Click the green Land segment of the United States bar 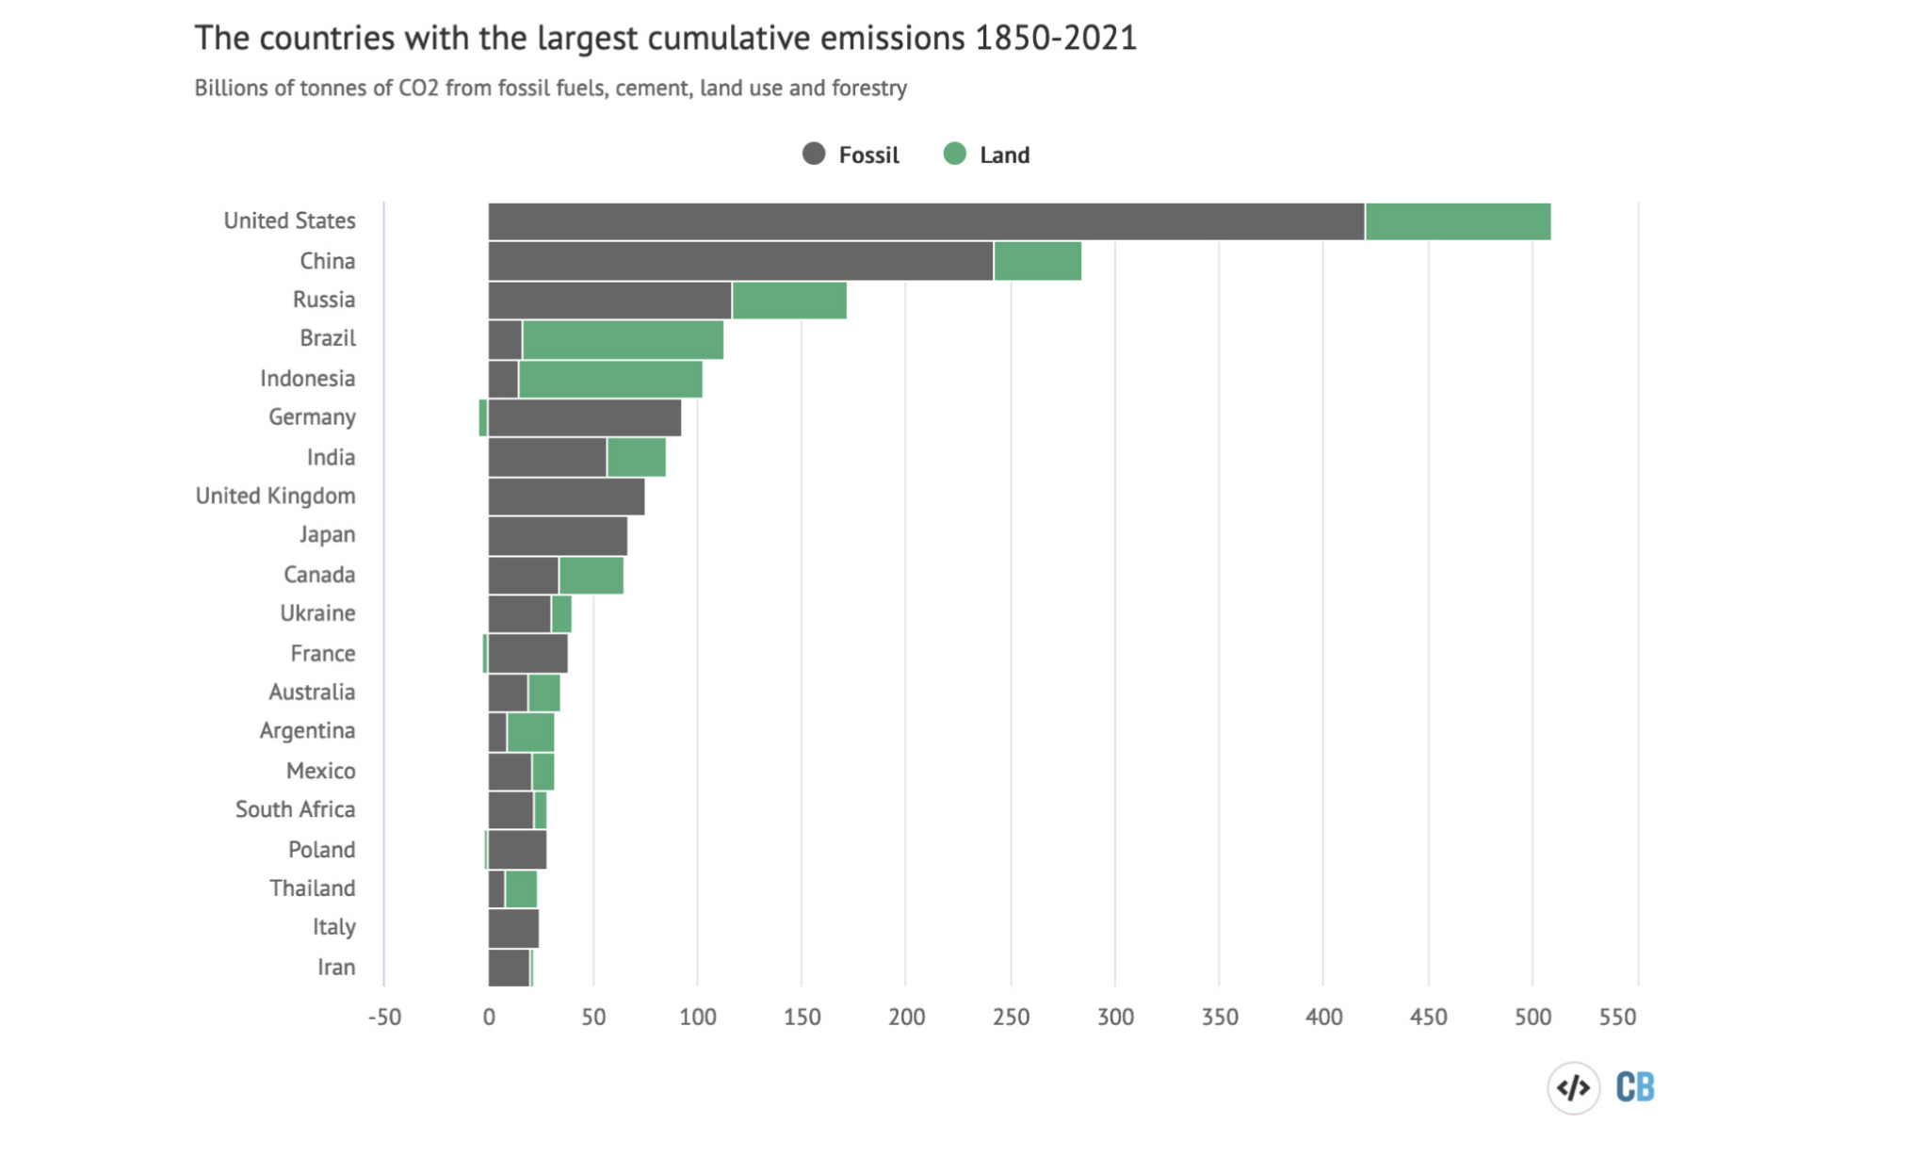click(x=1457, y=221)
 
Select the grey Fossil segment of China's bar click(x=740, y=261)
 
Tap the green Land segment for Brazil click(x=623, y=339)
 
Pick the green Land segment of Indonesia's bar click(x=610, y=379)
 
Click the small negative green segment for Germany click(x=483, y=418)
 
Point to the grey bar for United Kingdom click(x=566, y=497)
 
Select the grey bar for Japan click(x=558, y=536)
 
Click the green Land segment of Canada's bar click(x=592, y=576)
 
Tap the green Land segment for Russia click(x=789, y=301)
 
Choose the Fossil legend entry click(x=851, y=155)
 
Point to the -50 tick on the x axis click(x=384, y=1018)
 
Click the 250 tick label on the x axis click(x=1011, y=1018)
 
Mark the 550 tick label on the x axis click(x=1617, y=1018)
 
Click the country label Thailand click(x=312, y=888)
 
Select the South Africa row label click(x=295, y=809)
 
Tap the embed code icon click(x=1573, y=1088)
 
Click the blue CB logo click(x=1635, y=1087)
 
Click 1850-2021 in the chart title click(x=1055, y=39)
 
